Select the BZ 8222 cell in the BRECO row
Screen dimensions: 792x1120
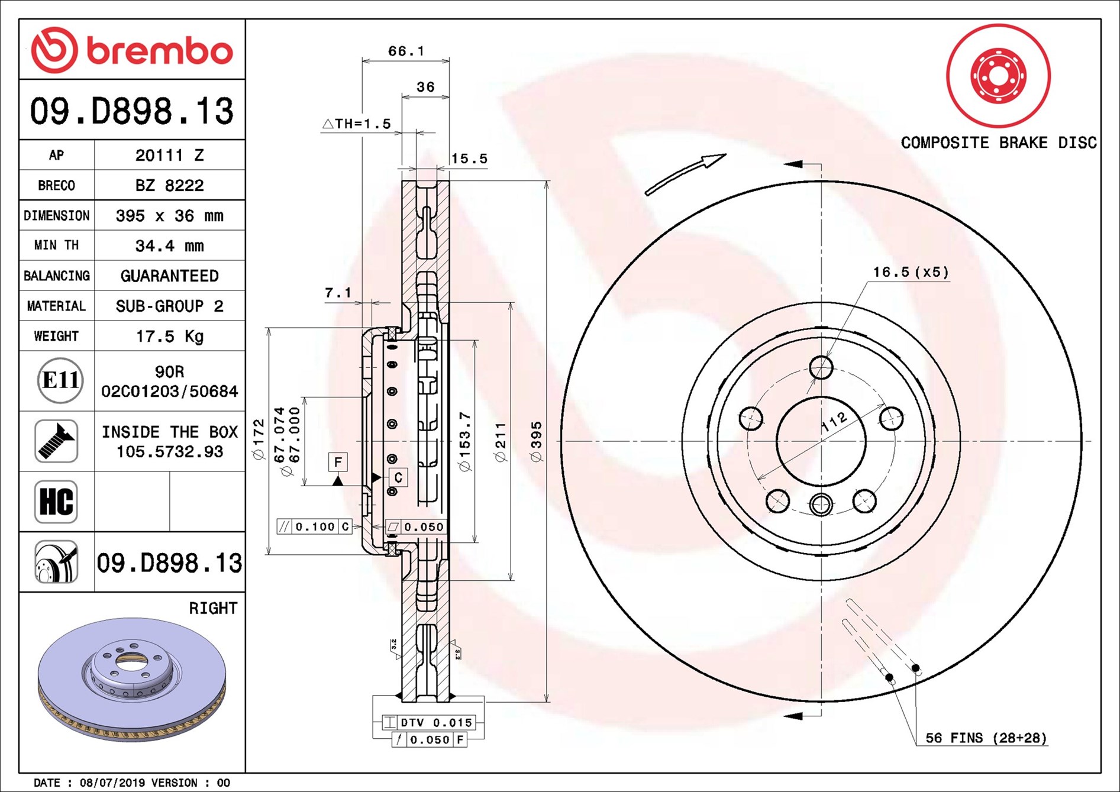(169, 186)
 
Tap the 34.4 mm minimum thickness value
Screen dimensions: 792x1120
(169, 245)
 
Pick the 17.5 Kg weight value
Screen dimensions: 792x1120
(169, 337)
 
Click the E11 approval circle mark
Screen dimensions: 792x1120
(60, 380)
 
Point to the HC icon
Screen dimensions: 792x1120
(56, 502)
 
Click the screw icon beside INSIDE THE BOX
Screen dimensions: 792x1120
(56, 441)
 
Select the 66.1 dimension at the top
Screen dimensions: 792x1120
(406, 51)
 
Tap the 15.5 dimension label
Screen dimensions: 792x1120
(469, 159)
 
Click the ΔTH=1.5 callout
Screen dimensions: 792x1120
(357, 124)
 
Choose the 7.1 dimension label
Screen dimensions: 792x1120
(338, 293)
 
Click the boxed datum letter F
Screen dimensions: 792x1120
(338, 462)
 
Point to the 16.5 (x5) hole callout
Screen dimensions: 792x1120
(911, 272)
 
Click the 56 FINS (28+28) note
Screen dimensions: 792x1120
(986, 738)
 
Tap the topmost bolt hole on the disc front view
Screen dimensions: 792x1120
(821, 367)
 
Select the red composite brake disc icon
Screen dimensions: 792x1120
(998, 76)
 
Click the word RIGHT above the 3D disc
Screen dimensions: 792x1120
(213, 608)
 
